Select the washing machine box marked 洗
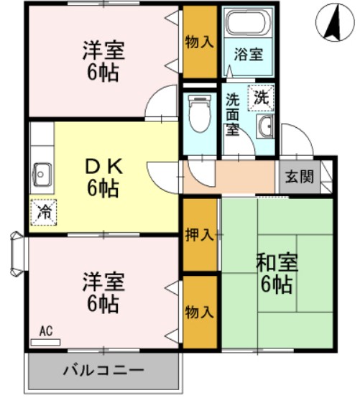(262, 98)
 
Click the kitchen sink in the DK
(42, 173)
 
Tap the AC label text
(46, 331)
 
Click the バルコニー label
(103, 372)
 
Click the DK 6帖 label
(103, 179)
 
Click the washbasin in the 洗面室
(264, 129)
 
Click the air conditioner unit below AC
(46, 341)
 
